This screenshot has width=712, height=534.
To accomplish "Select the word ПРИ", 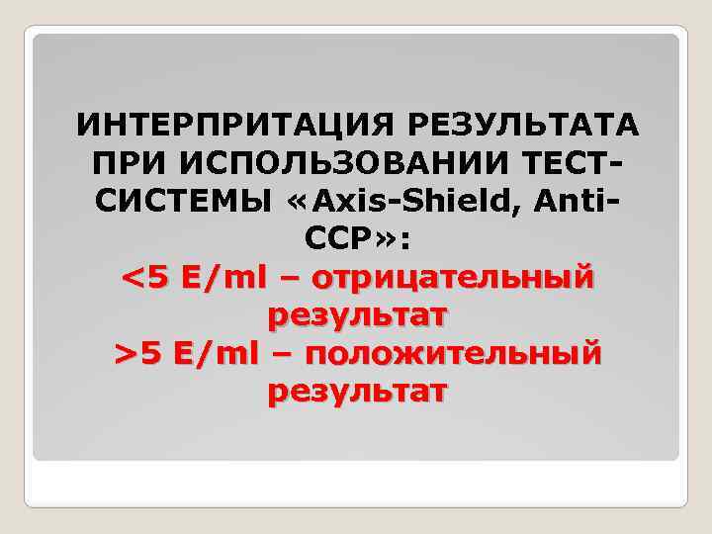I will [x=125, y=161].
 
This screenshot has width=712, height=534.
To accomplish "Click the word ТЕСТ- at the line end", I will [x=575, y=161].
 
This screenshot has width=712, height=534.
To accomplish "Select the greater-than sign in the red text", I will [x=126, y=354].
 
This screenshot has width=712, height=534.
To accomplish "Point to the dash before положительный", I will [x=280, y=355].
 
